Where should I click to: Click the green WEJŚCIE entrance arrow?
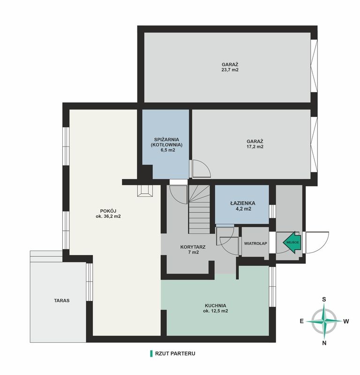(292, 242)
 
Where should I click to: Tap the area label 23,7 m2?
(230, 70)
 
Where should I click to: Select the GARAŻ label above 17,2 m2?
(255, 141)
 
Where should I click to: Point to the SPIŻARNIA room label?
(166, 139)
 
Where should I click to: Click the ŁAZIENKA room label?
(243, 203)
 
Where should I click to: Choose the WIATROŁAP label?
(255, 244)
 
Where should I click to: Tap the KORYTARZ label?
(193, 247)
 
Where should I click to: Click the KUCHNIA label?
(216, 306)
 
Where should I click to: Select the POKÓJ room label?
(108, 211)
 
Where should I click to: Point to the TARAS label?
(61, 301)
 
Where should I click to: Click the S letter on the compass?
(324, 299)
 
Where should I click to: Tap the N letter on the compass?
(324, 343)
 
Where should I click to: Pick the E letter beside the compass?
(302, 321)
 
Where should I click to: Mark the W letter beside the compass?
(346, 321)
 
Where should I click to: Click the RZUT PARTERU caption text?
(175, 353)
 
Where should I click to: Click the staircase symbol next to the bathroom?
(200, 209)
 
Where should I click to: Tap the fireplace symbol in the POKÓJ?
(145, 191)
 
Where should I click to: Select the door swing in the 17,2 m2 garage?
(201, 169)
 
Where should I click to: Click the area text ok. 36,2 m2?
(108, 216)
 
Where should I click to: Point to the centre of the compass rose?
(324, 321)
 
